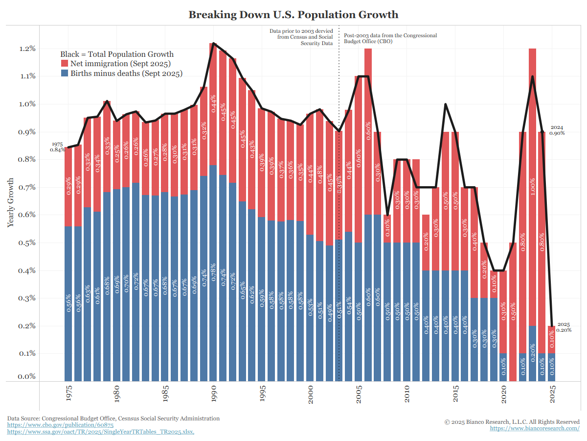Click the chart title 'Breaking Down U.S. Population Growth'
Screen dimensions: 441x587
coord(293,15)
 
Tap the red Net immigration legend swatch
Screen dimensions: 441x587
coord(65,64)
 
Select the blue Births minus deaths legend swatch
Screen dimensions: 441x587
coord(65,74)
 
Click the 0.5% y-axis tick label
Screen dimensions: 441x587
coord(27,243)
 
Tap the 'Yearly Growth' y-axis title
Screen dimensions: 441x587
coord(11,202)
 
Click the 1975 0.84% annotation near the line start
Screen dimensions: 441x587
coord(57,147)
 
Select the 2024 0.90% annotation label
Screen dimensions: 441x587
coord(557,130)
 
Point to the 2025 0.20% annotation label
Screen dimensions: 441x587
coord(564,327)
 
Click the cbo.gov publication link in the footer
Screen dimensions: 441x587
coord(40,425)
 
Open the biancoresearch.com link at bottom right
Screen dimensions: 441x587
coord(535,428)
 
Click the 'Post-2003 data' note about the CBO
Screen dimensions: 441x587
coord(390,38)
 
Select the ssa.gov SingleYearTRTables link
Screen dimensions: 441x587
coord(100,432)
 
